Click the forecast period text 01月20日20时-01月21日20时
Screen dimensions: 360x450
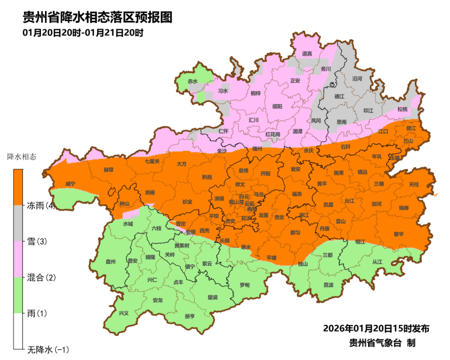click(x=82, y=33)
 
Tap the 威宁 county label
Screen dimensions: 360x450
click(x=70, y=184)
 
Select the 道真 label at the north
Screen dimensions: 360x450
click(x=307, y=54)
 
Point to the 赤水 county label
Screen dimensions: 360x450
click(x=193, y=81)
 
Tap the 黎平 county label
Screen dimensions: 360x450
click(x=399, y=233)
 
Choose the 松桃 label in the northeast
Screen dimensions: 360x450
click(x=402, y=109)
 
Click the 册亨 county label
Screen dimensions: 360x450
click(x=190, y=316)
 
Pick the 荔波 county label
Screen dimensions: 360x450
click(x=329, y=285)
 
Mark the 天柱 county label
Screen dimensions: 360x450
click(x=414, y=184)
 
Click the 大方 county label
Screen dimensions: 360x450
click(x=181, y=164)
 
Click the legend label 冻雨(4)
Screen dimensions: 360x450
click(x=41, y=206)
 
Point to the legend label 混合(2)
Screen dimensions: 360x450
click(x=41, y=277)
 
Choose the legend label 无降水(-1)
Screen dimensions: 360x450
click(x=48, y=349)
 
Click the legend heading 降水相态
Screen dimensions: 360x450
click(x=22, y=156)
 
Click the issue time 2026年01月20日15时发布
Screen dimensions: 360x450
click(x=376, y=328)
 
